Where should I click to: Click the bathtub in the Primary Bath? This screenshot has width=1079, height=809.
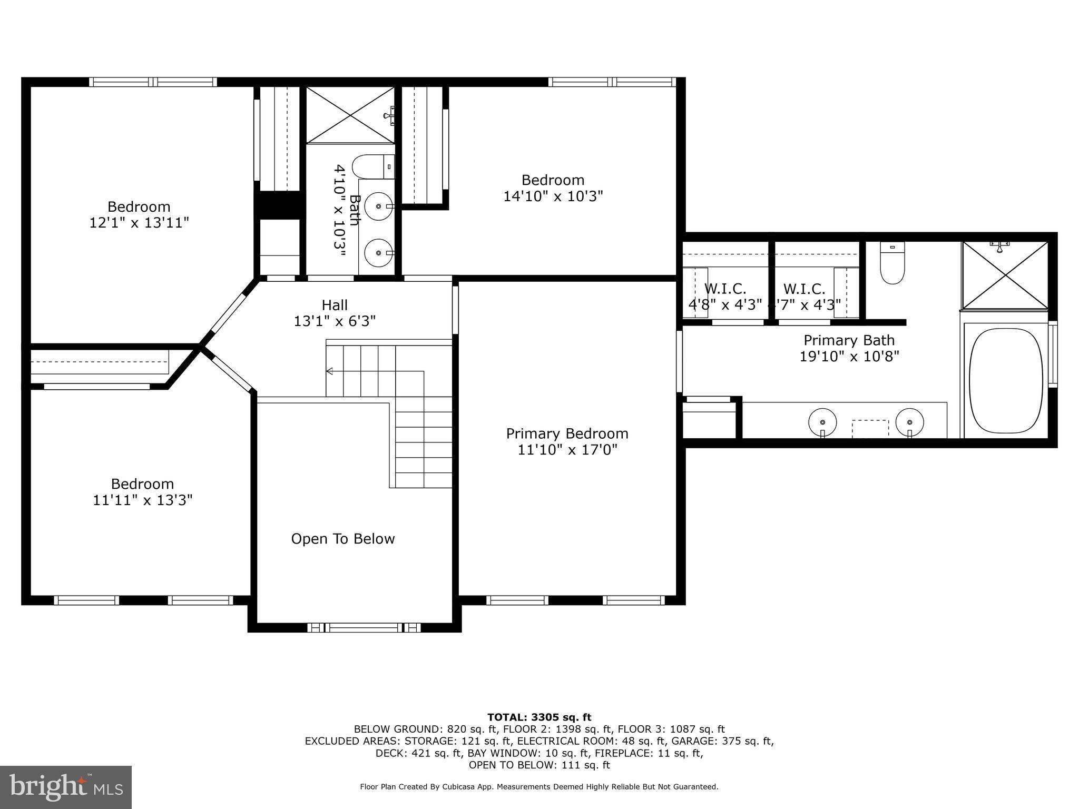click(1006, 381)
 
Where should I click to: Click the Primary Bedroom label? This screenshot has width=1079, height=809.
click(567, 433)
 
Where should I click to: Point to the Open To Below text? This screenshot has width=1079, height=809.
click(343, 539)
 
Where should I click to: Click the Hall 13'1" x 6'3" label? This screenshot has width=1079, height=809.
click(335, 313)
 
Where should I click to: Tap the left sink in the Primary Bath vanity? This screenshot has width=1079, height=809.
click(822, 422)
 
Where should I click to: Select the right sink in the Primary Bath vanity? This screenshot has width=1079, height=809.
click(910, 422)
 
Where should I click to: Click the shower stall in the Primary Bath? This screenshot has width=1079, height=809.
click(1005, 275)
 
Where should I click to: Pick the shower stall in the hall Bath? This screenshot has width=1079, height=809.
click(350, 115)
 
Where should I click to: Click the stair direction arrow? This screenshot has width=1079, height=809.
click(330, 371)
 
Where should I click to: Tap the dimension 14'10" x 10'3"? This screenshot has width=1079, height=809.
click(553, 196)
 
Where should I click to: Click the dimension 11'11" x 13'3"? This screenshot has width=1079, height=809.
click(142, 500)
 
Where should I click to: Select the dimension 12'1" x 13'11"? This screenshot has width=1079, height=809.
click(139, 223)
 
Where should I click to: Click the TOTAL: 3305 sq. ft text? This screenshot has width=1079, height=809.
click(539, 717)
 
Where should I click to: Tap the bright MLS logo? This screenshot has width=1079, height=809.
click(66, 787)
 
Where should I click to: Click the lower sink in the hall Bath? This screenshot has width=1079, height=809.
click(379, 253)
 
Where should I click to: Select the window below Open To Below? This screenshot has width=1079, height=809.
click(364, 627)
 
